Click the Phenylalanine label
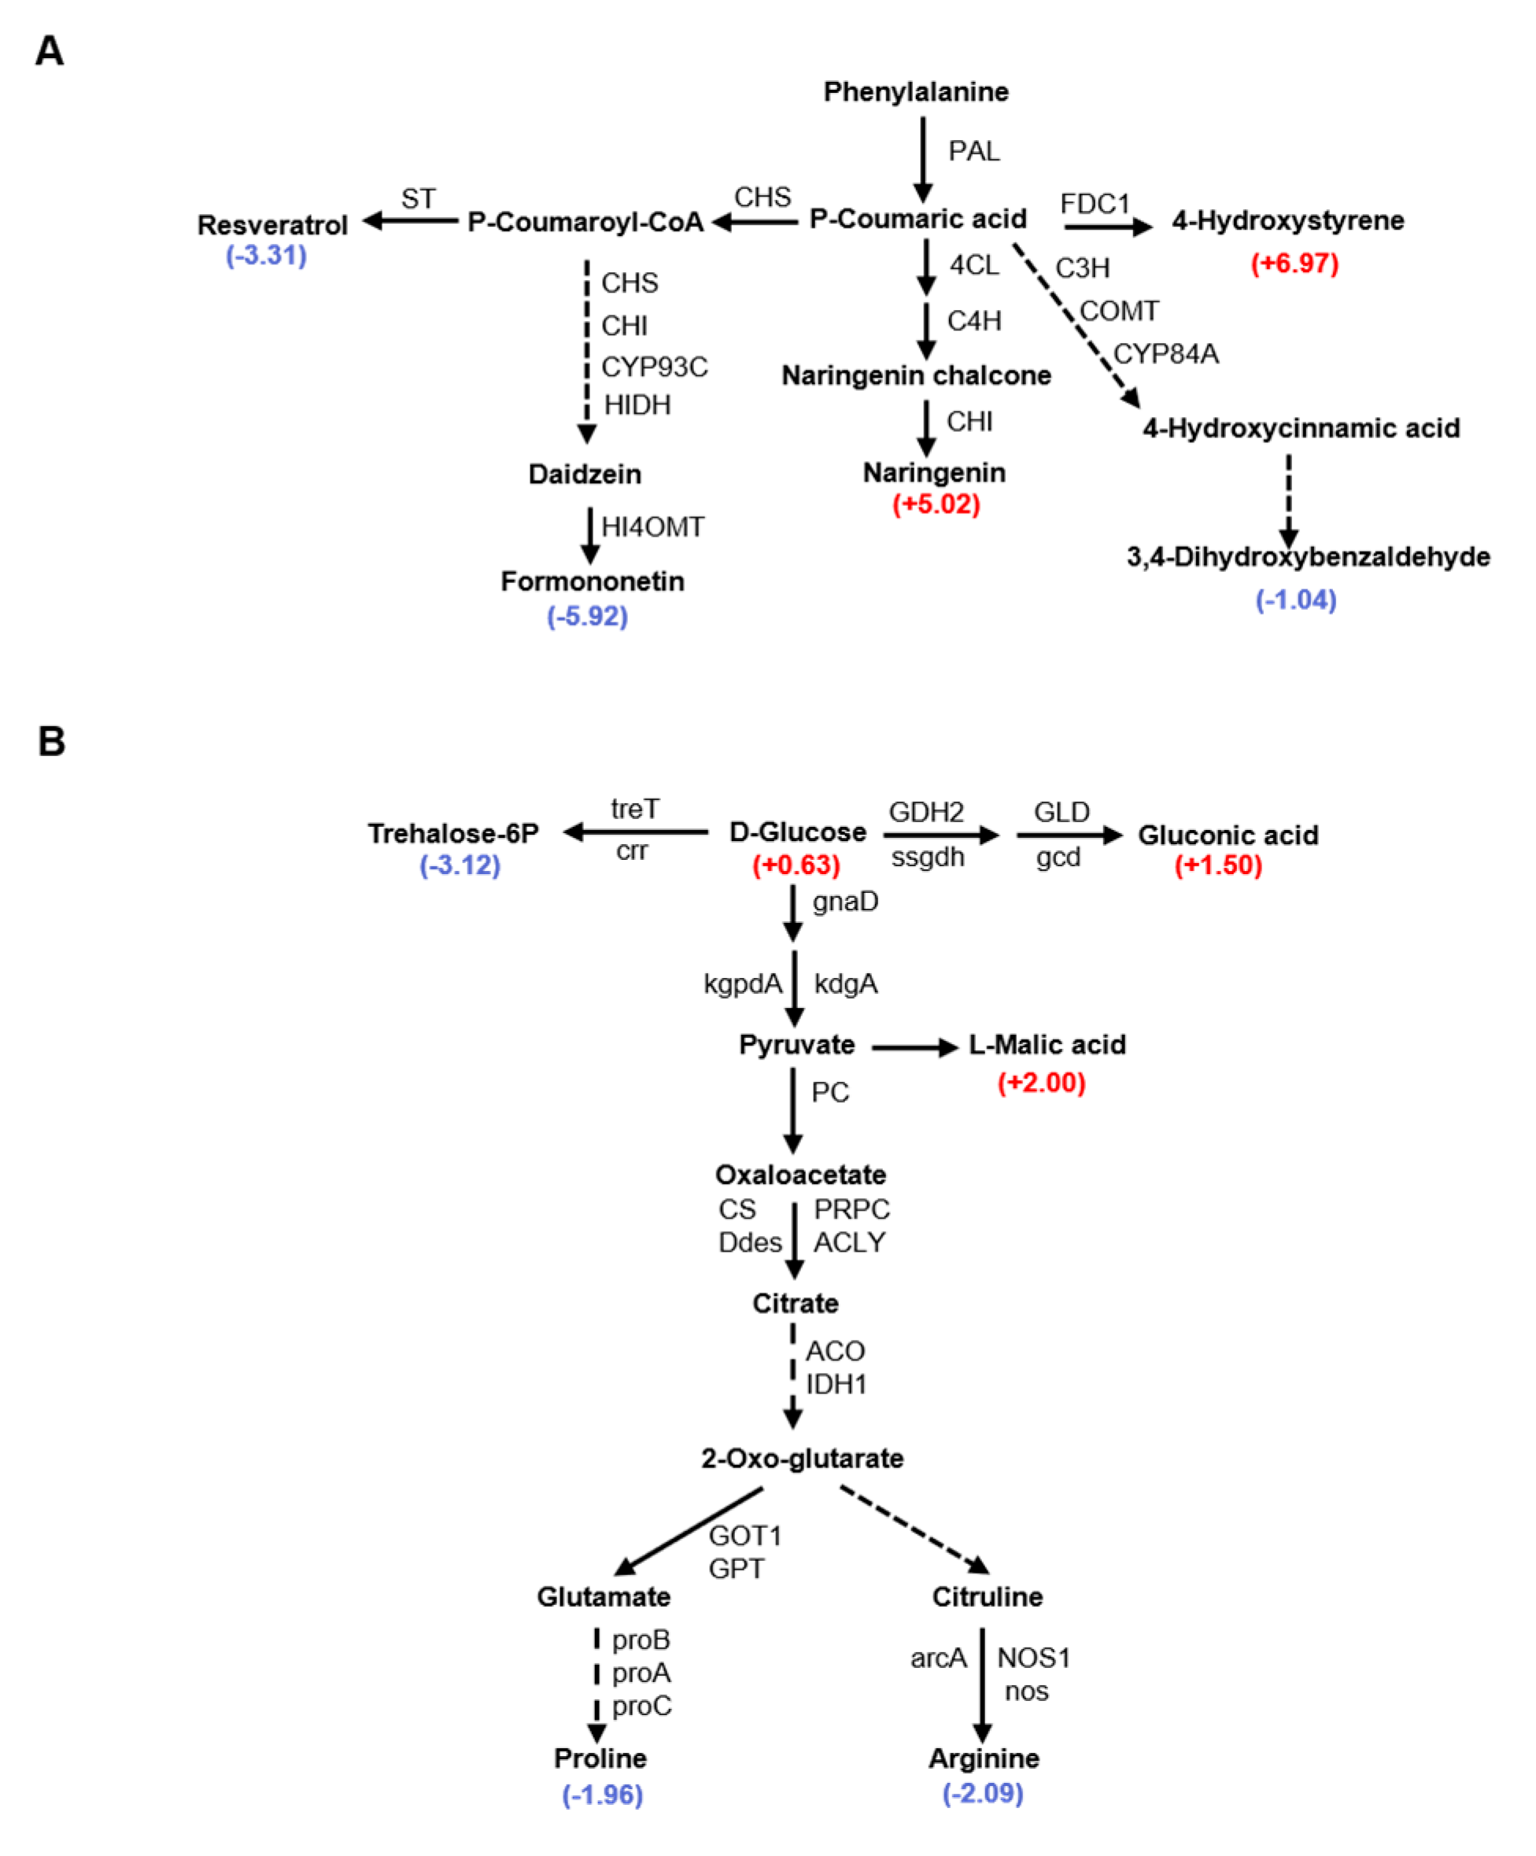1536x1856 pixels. coord(916,92)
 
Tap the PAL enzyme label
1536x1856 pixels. coord(973,152)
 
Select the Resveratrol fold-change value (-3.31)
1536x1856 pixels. coord(266,256)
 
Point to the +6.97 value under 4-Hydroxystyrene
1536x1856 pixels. coord(1294,264)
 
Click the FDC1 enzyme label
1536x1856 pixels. coord(1094,204)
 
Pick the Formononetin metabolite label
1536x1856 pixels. coord(592,581)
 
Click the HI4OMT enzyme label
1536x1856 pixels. coord(652,528)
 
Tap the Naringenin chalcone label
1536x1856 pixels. coord(916,375)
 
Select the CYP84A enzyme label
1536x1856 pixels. coord(1165,354)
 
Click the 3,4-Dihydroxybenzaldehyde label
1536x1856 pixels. coord(1308,557)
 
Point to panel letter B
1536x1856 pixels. coord(51,740)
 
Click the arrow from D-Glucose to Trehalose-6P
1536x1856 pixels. coord(637,832)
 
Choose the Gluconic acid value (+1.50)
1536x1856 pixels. coord(1218,865)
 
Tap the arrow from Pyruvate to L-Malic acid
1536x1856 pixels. coord(914,1048)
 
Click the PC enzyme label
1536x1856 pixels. coord(830,1092)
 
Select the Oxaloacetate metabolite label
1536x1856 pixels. coord(799,1175)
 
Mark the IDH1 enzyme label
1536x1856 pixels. coord(835,1384)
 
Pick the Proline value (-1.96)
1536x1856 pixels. coord(602,1795)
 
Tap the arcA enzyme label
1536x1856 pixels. coord(938,1659)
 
